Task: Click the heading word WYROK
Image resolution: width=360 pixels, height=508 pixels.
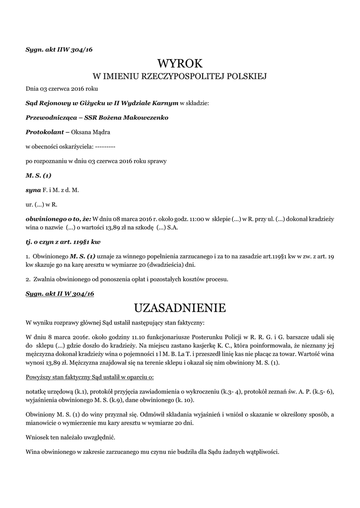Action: (x=180, y=63)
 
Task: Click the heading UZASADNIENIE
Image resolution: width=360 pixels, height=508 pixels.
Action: (x=180, y=308)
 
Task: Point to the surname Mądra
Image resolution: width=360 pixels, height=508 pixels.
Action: (x=100, y=132)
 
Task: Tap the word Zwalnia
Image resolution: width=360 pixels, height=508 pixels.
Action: (x=44, y=279)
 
